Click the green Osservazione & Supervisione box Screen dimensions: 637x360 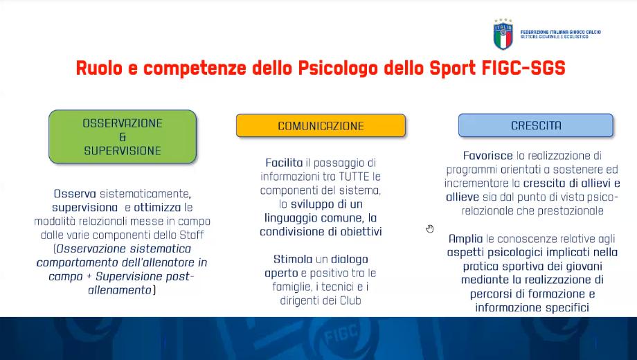tap(123, 136)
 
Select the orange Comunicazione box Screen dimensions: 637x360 tap(321, 125)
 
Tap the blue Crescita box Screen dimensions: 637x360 tap(535, 125)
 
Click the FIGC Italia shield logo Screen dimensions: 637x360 tap(503, 34)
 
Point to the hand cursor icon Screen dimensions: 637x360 tap(430, 228)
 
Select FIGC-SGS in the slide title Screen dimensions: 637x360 tap(523, 68)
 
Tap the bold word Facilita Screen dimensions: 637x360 tap(284, 163)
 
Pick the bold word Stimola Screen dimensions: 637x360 tap(292, 259)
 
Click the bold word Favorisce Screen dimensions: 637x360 tap(488, 156)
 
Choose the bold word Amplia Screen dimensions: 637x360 tap(465, 239)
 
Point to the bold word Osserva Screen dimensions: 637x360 tap(75, 194)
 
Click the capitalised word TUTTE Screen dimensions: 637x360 tap(355, 177)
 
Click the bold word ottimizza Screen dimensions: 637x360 tap(157, 208)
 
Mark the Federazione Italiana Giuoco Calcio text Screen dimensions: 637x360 tap(560, 32)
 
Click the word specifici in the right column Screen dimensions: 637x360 tap(567, 307)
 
